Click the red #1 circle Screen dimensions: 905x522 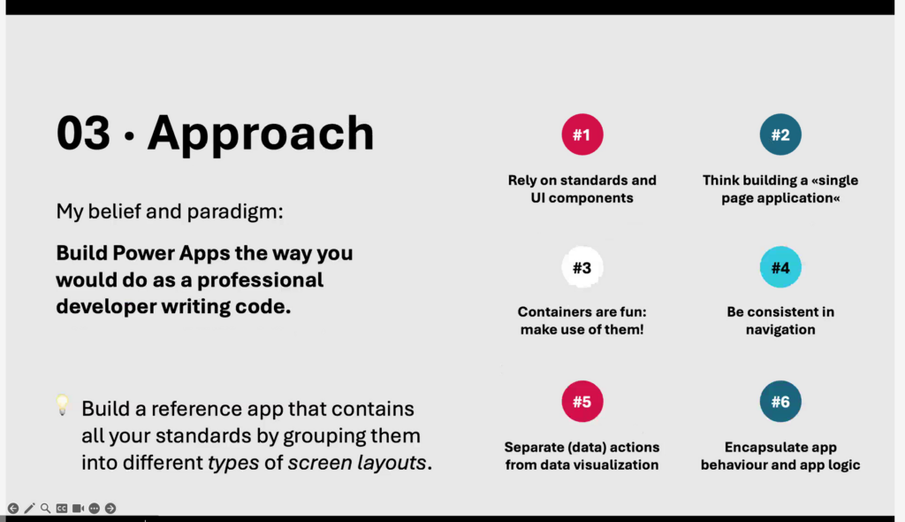582,134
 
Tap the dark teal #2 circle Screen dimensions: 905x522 780,134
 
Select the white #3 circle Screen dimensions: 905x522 582,267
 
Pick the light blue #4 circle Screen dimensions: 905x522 780,267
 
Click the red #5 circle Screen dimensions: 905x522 582,401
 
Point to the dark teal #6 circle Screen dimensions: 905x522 780,401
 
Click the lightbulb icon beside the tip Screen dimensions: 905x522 63,404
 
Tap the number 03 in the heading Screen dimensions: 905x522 83,133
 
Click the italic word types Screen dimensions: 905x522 233,463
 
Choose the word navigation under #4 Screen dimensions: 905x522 780,329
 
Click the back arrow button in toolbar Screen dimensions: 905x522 13,508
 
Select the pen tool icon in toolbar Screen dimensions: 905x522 29,508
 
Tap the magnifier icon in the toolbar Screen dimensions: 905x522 46,508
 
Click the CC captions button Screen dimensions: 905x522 62,508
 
